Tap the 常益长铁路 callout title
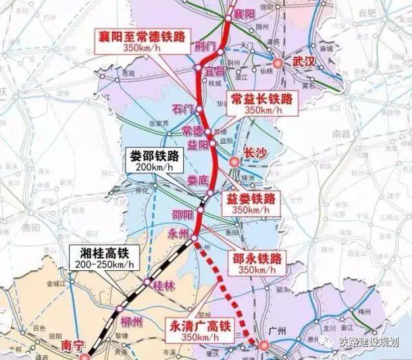click(x=261, y=99)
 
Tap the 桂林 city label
click(x=164, y=285)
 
